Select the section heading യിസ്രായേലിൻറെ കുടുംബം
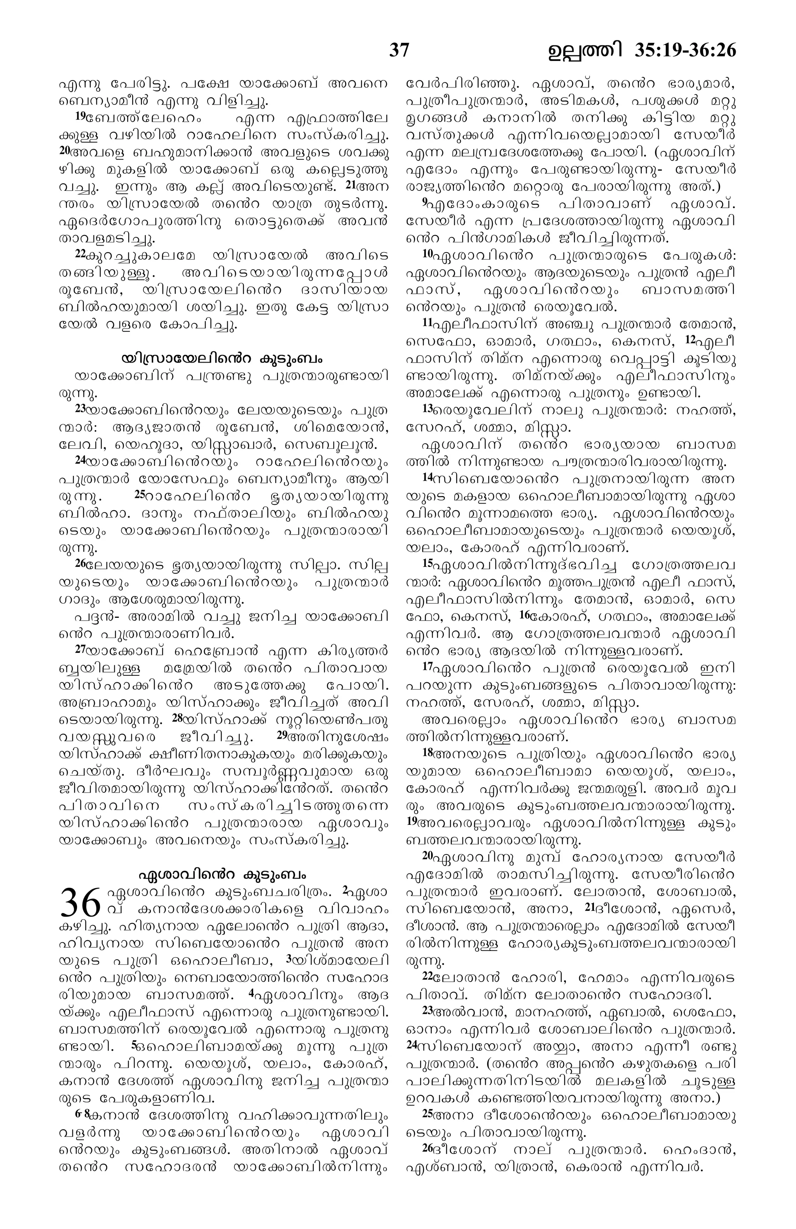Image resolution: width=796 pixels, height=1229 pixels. (x=223, y=358)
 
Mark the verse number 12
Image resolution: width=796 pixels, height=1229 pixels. (x=691, y=339)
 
